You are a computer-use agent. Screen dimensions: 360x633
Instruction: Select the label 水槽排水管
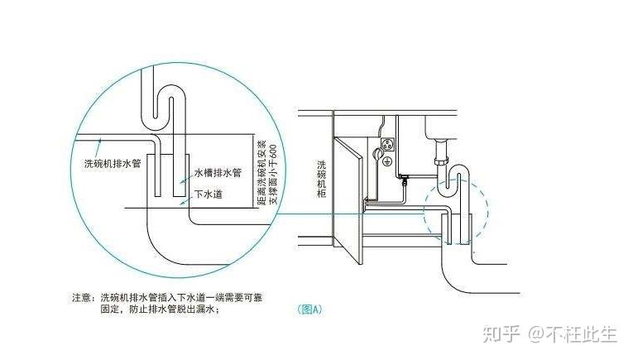pos(218,174)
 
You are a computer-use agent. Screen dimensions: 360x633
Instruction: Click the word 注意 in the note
pos(81,295)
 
